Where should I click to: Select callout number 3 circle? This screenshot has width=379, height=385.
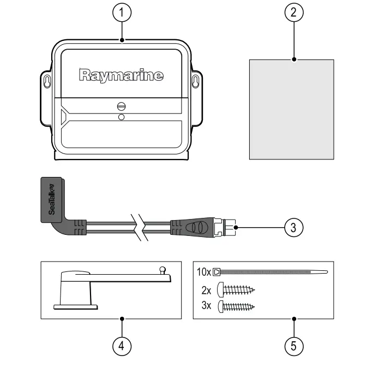click(294, 227)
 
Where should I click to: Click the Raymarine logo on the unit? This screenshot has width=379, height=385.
click(121, 75)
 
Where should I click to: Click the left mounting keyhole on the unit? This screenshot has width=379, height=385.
click(47, 81)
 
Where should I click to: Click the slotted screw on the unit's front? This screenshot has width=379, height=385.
click(121, 106)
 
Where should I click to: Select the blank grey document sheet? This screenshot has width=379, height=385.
click(291, 109)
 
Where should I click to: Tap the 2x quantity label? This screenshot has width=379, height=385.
click(206, 289)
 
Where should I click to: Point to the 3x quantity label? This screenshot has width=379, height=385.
click(206, 306)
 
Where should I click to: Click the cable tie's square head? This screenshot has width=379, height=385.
click(216, 271)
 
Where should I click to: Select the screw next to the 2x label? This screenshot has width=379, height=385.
click(236, 289)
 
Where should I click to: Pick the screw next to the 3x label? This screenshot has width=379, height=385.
click(236, 306)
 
